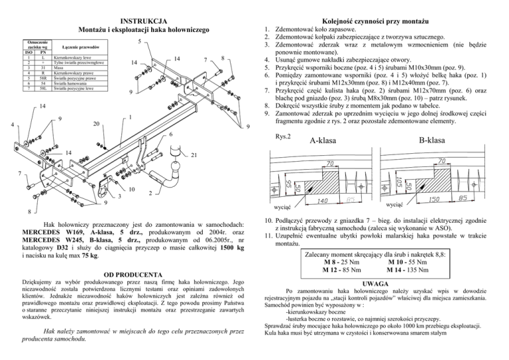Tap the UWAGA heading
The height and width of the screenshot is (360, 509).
pos(382,283)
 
